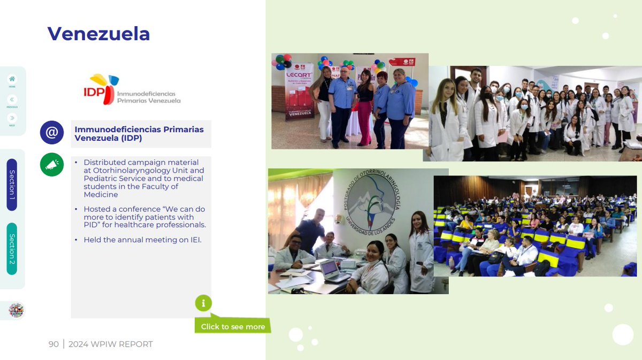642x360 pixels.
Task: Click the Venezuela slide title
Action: (98, 34)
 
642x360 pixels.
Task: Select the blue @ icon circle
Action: (52, 132)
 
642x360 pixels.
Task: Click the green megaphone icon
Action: (52, 165)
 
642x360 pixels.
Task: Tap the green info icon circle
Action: (203, 303)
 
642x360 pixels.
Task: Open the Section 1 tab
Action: (12, 185)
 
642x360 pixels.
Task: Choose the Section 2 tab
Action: (12, 249)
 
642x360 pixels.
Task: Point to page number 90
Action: (53, 344)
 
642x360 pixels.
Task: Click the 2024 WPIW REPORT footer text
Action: (111, 344)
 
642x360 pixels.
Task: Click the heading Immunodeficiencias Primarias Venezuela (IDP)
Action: (139, 133)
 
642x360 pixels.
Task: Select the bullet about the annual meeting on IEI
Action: (142, 240)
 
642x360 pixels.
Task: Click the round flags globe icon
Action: (16, 310)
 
